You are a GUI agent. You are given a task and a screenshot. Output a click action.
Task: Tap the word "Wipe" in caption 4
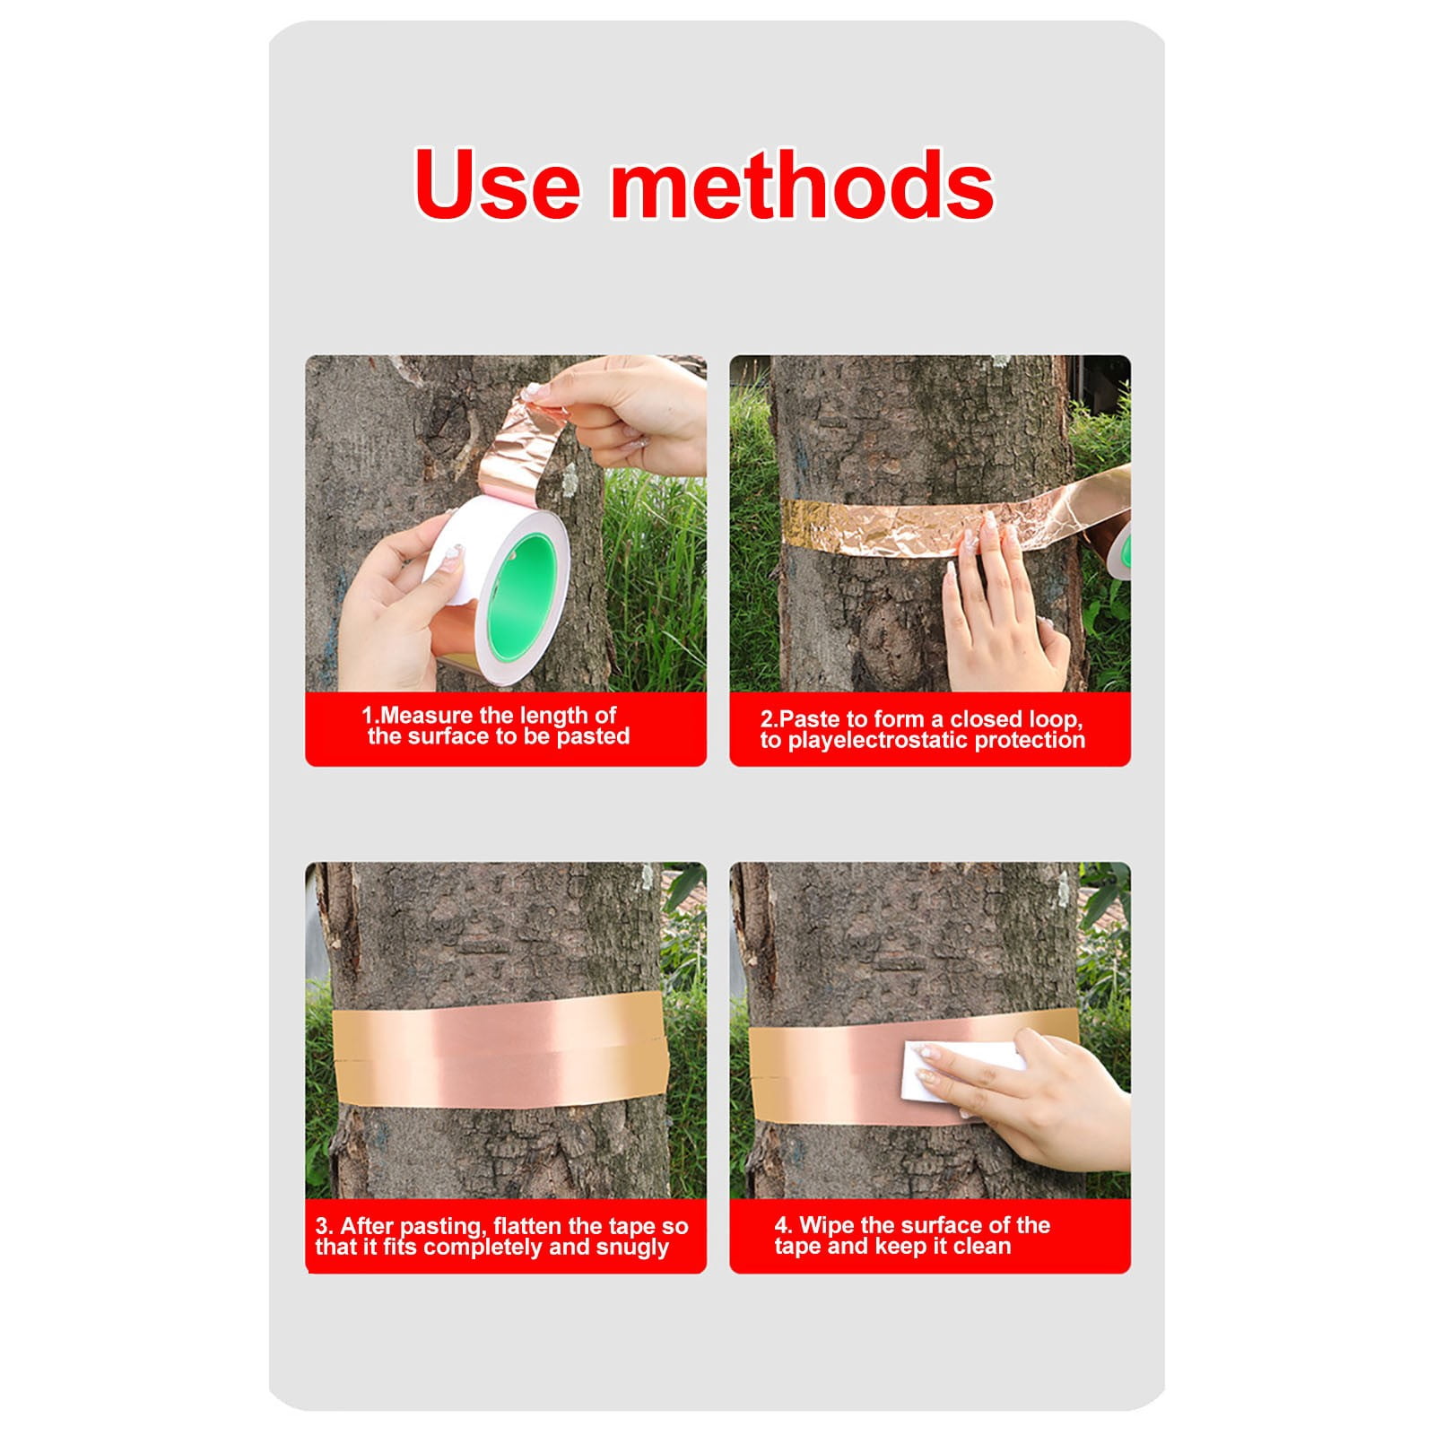point(826,1225)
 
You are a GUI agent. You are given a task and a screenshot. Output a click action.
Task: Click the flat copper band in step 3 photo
point(501,1049)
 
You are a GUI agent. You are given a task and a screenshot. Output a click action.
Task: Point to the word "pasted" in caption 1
point(593,737)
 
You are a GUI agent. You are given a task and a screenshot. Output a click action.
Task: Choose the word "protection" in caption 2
point(1030,741)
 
